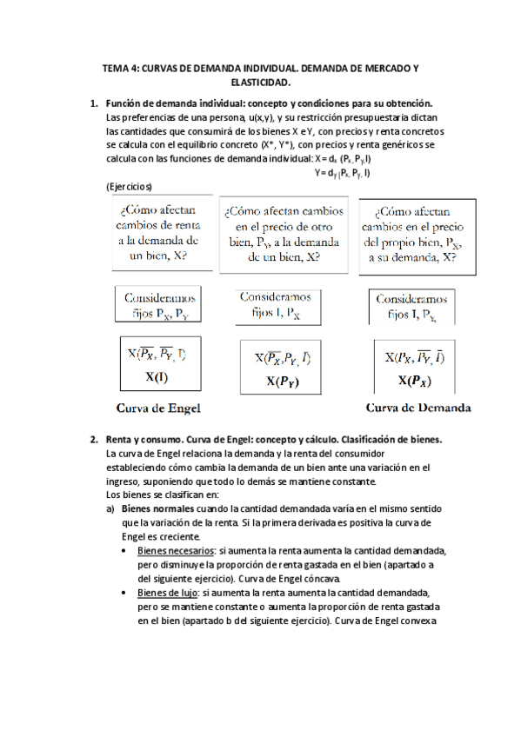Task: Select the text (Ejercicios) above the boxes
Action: [x=129, y=186]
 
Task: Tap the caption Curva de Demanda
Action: [x=418, y=407]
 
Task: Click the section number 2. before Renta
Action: [x=94, y=440]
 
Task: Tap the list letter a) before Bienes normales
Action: [x=110, y=508]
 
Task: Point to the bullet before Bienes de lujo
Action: [x=127, y=590]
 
